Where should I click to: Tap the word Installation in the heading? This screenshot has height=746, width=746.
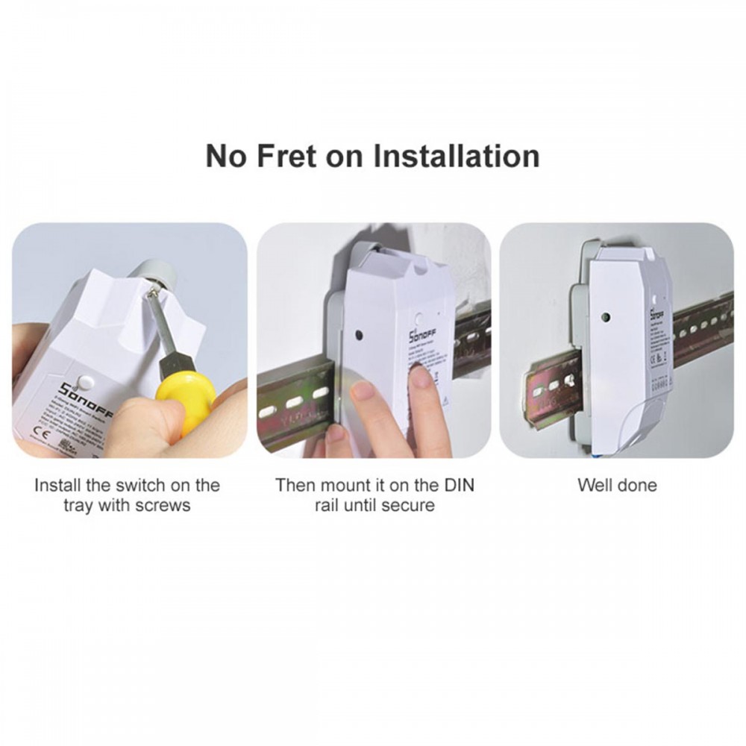coord(456,157)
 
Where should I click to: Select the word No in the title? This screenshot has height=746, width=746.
coord(226,157)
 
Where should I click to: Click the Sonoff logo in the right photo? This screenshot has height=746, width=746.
coord(655,311)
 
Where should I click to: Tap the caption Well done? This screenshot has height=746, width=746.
coord(617,485)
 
